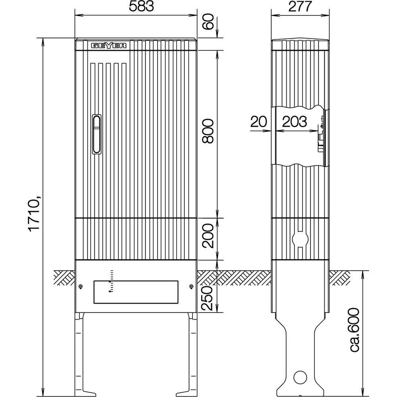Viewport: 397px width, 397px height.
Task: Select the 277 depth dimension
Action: click(300, 7)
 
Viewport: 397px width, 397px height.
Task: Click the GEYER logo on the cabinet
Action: click(110, 46)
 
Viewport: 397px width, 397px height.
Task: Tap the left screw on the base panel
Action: click(81, 287)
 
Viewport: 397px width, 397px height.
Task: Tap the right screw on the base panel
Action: click(191, 287)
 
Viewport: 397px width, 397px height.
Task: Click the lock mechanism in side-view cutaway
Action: click(321, 137)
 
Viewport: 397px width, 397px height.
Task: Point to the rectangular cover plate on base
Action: click(136, 292)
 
